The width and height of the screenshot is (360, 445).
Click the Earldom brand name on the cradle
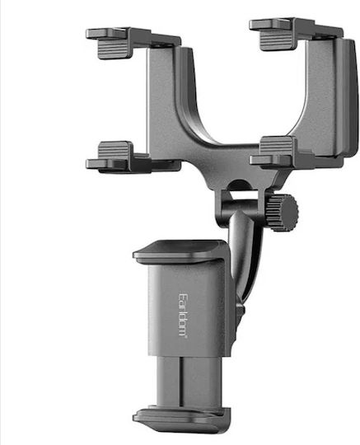coord(183,315)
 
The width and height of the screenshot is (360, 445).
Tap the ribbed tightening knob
coord(283,212)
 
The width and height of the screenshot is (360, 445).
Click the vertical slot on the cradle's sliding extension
coord(180,382)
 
